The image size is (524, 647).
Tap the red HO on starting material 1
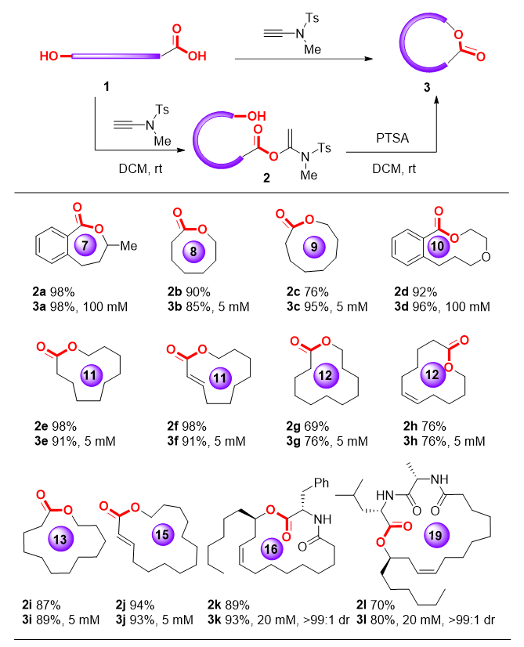point(50,56)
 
